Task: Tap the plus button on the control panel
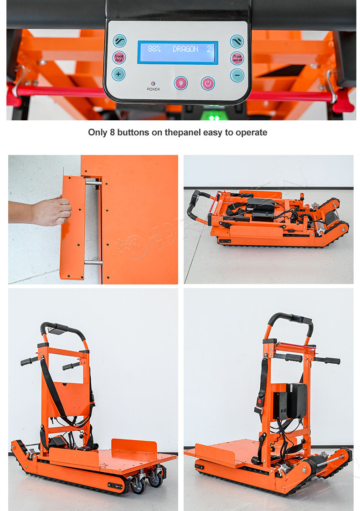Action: pos(118,74)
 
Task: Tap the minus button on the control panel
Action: pos(237,75)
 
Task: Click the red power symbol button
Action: pos(208,83)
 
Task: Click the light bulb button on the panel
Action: pos(181,83)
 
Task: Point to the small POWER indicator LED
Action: pos(153,84)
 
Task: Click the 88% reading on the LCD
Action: pos(154,49)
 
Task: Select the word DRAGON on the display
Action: pos(185,49)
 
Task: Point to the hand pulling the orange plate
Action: pos(52,211)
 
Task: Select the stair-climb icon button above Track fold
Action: pos(119,41)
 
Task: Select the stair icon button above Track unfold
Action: pos(237,41)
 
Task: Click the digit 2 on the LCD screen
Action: pos(209,49)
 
